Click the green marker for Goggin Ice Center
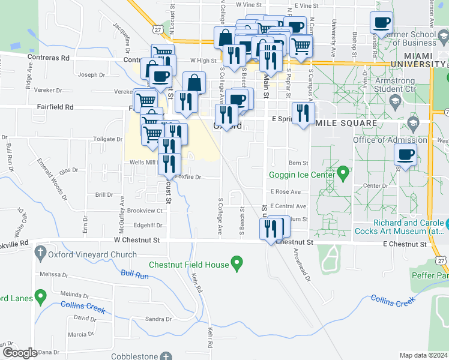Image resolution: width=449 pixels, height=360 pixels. (x=343, y=174)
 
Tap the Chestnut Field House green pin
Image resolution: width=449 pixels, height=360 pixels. (x=237, y=263)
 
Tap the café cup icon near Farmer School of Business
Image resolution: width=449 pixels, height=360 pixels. (x=382, y=24)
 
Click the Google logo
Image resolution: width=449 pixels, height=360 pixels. (x=20, y=353)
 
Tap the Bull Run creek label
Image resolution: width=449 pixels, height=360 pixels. (x=134, y=274)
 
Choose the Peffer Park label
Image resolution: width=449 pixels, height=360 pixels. (x=430, y=275)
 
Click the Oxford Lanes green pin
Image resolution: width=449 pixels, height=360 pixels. (x=41, y=296)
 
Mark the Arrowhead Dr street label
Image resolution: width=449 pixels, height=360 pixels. (x=301, y=266)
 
